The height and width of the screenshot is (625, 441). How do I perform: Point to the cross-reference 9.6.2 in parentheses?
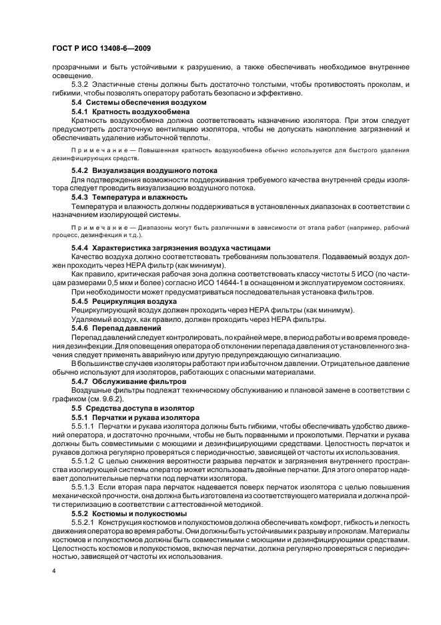click(117, 398)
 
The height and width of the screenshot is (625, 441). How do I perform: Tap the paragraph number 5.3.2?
click(81, 85)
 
